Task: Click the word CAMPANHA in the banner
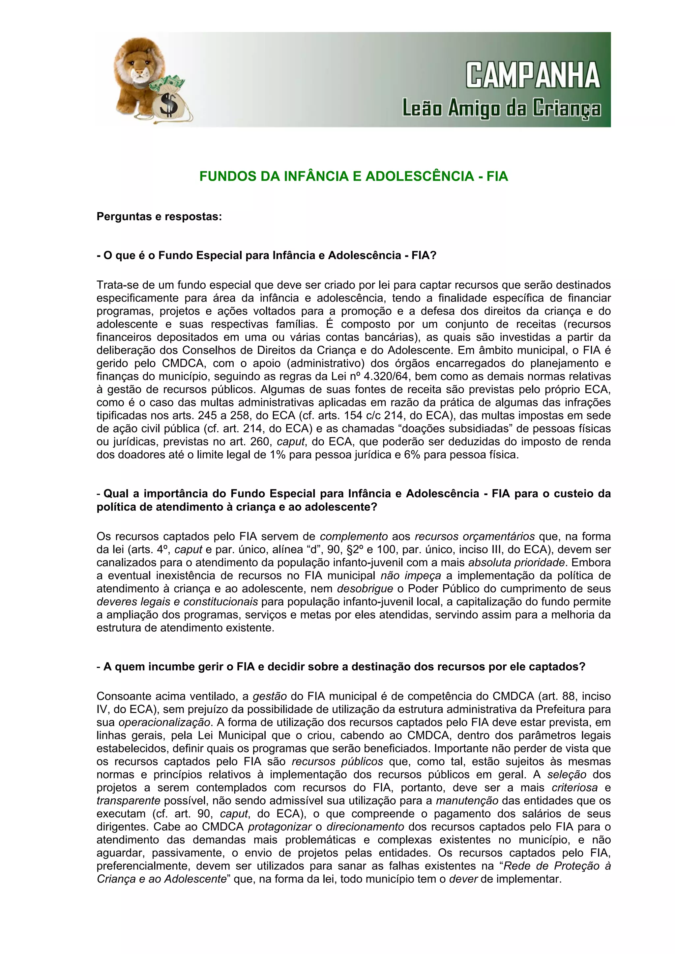click(533, 76)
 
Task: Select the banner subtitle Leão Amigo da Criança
click(501, 109)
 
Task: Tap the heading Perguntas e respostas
click(159, 217)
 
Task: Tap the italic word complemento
click(354, 536)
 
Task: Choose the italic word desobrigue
click(365, 589)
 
